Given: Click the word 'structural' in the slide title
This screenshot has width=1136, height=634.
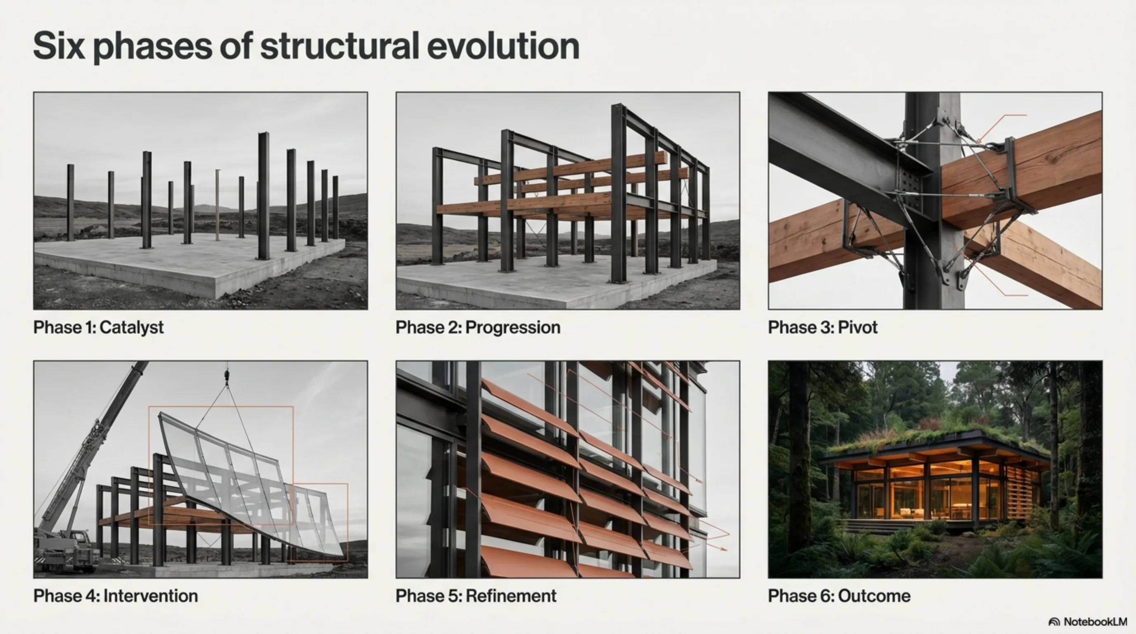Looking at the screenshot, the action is click(340, 46).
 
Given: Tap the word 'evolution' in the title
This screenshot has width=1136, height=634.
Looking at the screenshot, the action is click(503, 46).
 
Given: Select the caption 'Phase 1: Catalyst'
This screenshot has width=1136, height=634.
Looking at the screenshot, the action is click(98, 328).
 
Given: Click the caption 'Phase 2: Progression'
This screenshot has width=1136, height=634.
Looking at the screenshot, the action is click(478, 328).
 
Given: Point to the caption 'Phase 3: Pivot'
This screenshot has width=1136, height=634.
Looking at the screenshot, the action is click(823, 328).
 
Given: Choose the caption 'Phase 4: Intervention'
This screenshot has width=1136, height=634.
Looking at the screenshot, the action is click(116, 596).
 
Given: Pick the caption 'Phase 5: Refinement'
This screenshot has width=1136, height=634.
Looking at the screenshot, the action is click(476, 596).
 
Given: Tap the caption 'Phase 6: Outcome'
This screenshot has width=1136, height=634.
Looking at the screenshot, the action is click(839, 596).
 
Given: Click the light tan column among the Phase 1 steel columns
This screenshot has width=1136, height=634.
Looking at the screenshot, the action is click(218, 205).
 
